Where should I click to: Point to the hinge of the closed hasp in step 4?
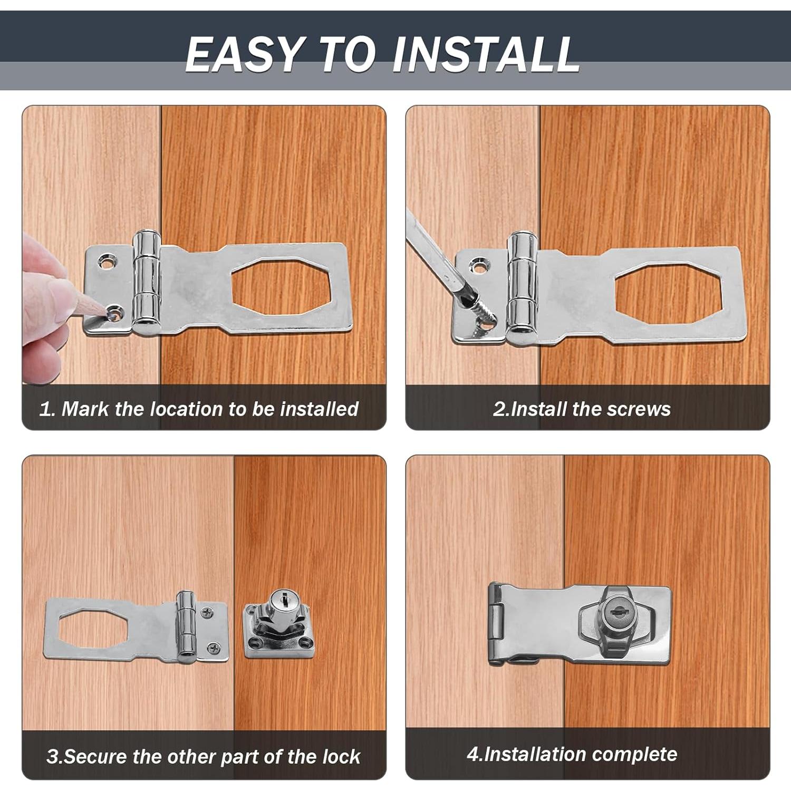pyautogui.click(x=495, y=623)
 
